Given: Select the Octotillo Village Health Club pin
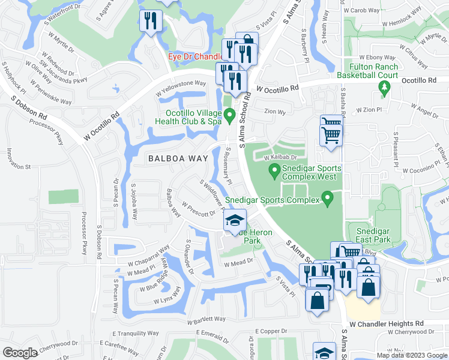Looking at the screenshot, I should tap(230, 115).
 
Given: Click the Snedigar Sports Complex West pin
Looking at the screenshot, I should tap(275, 173).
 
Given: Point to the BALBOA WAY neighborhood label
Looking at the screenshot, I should tap(174, 158).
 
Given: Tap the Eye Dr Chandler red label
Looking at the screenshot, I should tap(196, 57).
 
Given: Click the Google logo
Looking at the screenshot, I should tap(20, 352).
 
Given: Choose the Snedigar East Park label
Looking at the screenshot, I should tap(373, 235).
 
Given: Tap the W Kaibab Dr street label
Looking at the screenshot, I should tap(280, 157).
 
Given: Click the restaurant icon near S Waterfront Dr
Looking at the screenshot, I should tap(149, 21).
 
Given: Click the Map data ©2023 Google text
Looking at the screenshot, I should tap(412, 355).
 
